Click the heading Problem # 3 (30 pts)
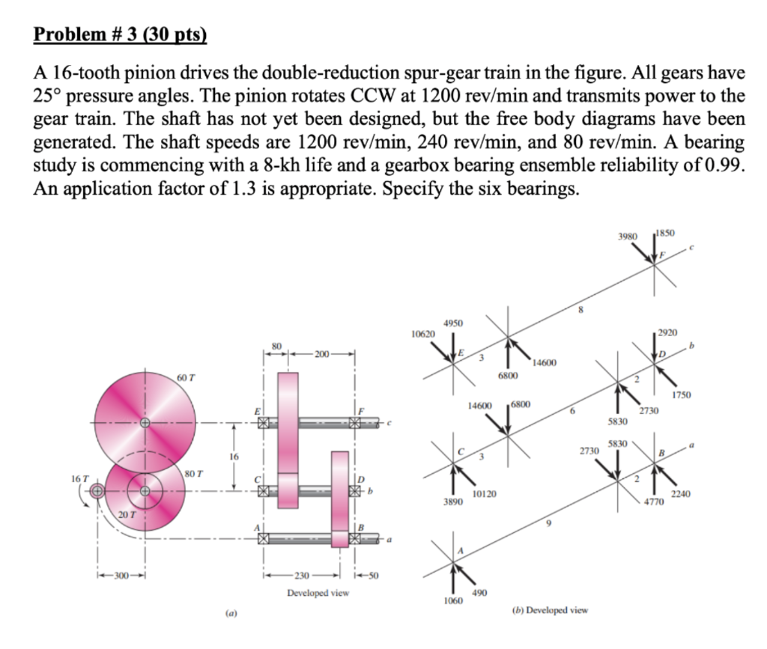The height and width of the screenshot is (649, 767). coord(121,34)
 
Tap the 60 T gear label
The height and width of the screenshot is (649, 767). coord(186,378)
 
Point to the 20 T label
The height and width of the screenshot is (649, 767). coord(127,514)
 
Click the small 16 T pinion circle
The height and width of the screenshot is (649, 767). coord(97,490)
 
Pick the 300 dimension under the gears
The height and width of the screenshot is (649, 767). coord(121,575)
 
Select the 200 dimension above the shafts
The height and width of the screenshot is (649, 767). coord(322,354)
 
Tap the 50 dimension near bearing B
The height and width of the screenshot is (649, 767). coord(374,575)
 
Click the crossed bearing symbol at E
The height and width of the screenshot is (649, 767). coord(264,423)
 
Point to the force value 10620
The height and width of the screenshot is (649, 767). coord(423,335)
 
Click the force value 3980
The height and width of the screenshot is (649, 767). coord(628,237)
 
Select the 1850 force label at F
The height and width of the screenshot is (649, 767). coord(666,233)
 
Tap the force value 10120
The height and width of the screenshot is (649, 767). coord(485,494)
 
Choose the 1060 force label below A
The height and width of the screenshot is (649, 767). coord(453,600)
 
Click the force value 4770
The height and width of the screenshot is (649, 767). coord(654,502)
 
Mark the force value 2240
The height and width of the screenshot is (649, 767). coord(680,494)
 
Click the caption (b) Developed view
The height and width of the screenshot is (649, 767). coord(550,610)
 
